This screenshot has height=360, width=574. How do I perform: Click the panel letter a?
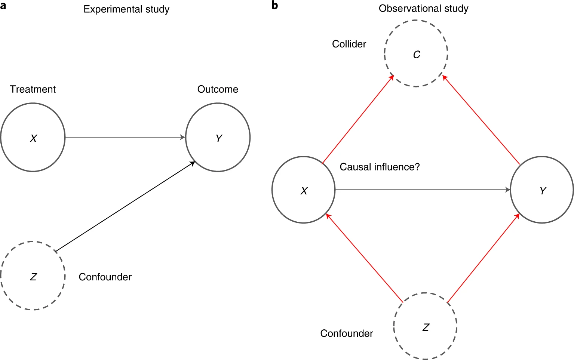point(3,6)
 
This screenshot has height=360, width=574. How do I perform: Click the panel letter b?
point(275,5)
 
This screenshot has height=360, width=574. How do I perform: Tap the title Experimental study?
point(126,9)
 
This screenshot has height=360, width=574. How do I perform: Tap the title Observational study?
point(423,9)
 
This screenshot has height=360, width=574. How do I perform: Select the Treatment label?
point(33,89)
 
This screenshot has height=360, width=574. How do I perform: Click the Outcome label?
point(218,89)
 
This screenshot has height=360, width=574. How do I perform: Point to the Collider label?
point(349,44)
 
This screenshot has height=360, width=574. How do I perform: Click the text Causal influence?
point(380,167)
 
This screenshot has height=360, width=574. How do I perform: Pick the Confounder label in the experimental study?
point(105,277)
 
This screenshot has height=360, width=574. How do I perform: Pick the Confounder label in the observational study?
point(347,333)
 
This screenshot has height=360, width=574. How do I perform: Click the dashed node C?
point(416,54)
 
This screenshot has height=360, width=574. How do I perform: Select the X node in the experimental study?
point(33,138)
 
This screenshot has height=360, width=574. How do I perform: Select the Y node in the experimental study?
point(218,138)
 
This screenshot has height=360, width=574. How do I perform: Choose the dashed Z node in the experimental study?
point(33,276)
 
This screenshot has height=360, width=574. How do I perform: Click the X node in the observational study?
point(304,190)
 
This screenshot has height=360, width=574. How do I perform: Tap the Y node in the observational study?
point(542,190)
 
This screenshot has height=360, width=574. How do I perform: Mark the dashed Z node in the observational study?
point(425,326)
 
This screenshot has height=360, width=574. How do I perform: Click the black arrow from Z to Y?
point(125,206)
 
